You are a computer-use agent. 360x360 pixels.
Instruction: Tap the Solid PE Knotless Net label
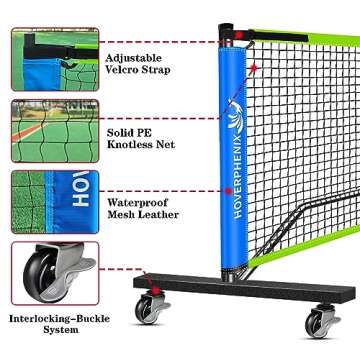click(x=141, y=137)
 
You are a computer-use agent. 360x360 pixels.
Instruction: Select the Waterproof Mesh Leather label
click(x=143, y=207)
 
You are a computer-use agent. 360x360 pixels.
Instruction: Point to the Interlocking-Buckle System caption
click(x=54, y=324)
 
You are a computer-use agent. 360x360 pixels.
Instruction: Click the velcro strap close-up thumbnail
click(x=52, y=58)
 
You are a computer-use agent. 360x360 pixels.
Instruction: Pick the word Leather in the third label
click(x=160, y=214)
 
